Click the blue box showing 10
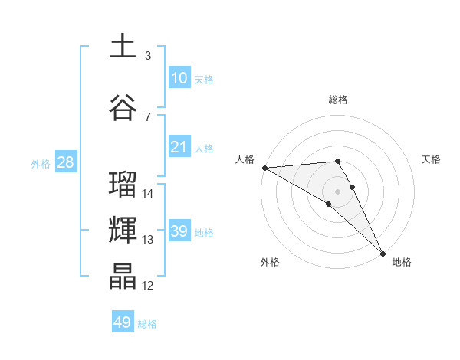pyautogui.click(x=179, y=78)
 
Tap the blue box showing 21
pyautogui.click(x=179, y=147)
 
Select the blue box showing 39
pyautogui.click(x=179, y=231)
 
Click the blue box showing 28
pyautogui.click(x=65, y=162)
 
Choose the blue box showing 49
pyautogui.click(x=123, y=322)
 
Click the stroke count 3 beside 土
pyautogui.click(x=147, y=56)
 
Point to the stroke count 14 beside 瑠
pyautogui.click(x=148, y=194)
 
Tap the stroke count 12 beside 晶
pyautogui.click(x=148, y=286)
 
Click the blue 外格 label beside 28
pyautogui.click(x=41, y=163)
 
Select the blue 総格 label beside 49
pyautogui.click(x=147, y=323)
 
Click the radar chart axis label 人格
pyautogui.click(x=245, y=159)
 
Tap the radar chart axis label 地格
pyautogui.click(x=402, y=262)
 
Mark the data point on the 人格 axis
pyautogui.click(x=264, y=168)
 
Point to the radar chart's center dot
pyautogui.click(x=337, y=191)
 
